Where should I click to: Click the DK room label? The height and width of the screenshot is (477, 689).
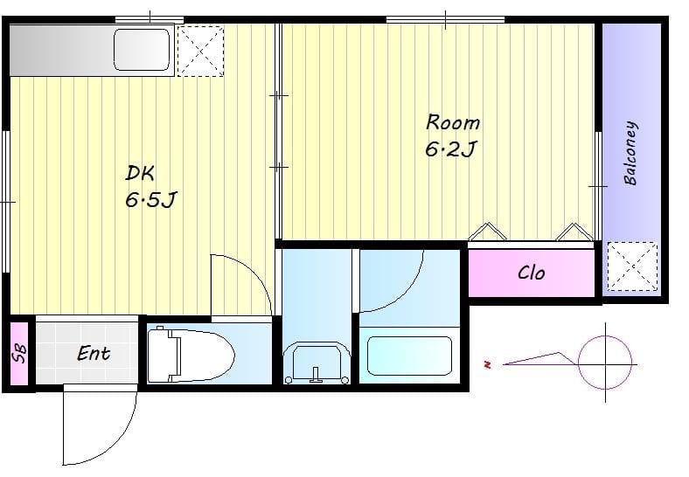tap(140, 174)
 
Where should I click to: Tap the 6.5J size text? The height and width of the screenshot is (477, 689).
tap(150, 200)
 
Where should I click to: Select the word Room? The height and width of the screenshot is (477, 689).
tap(453, 122)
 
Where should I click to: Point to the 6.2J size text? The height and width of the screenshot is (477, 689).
tap(450, 149)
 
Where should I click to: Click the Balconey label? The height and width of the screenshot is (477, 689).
tap(630, 153)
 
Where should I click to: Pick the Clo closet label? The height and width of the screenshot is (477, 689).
tap(532, 273)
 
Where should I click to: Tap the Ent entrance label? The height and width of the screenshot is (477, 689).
tap(94, 354)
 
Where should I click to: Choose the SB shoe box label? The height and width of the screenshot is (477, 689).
tap(19, 354)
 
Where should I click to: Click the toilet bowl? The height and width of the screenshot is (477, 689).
tap(191, 356)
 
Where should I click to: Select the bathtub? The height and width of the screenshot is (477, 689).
tap(409, 356)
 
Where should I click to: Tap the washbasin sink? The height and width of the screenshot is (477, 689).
tap(317, 363)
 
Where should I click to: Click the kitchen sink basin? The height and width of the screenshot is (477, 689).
tap(142, 49)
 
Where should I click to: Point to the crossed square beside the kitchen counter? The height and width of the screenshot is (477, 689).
tap(200, 51)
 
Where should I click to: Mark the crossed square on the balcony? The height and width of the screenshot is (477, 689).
tap(633, 266)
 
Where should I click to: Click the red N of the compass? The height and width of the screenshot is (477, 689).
tap(487, 364)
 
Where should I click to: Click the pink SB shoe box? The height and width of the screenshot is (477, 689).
tap(19, 354)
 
